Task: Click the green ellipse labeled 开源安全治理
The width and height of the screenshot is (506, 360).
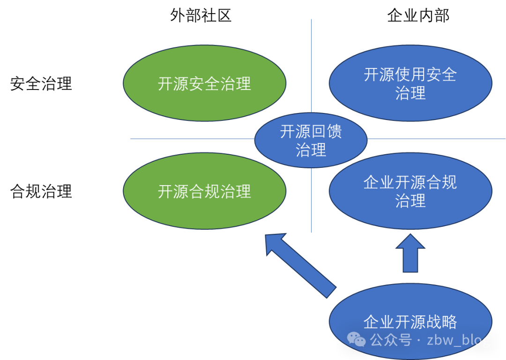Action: [x=204, y=83]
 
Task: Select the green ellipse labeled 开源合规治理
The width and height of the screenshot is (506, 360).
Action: [x=204, y=191]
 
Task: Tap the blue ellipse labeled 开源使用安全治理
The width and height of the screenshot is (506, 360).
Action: [x=410, y=83]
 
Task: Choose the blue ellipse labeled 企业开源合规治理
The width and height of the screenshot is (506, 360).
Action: [x=410, y=191]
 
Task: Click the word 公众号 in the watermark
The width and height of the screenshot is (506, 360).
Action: [x=391, y=340]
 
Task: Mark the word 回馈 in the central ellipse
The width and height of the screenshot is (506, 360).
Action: [x=327, y=132]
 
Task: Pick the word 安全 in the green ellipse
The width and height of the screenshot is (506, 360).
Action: [x=204, y=84]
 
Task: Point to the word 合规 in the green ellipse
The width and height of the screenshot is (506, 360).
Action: [x=204, y=192]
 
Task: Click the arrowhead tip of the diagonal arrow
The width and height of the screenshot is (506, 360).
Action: [x=267, y=237]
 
